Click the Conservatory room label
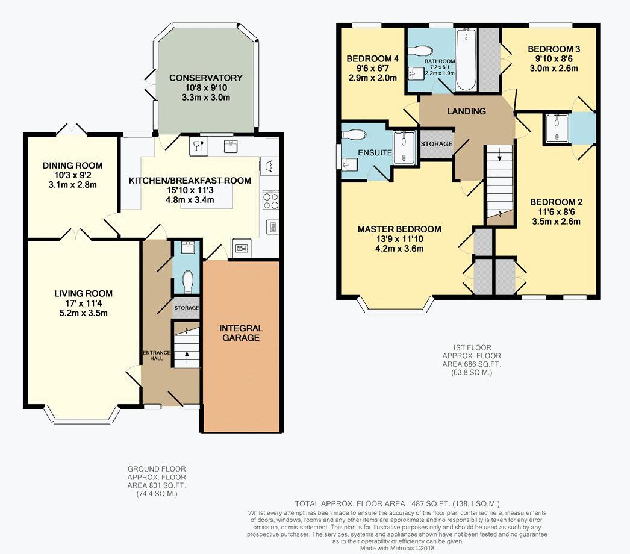pos(206,78)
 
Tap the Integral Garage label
pos(241,333)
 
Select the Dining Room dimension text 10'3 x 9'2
pos(72,175)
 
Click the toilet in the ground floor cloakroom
pos(187,282)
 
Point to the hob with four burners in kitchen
pos(270,200)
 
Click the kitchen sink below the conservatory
pos(230,146)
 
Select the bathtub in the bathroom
pos(466,60)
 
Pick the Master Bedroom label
pos(399,229)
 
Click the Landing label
pos(466,111)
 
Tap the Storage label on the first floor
pos(436,144)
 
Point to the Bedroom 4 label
pos(372,58)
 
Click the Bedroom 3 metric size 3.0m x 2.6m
pos(554,68)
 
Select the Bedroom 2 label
pos(556,202)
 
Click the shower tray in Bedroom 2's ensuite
pos(557,128)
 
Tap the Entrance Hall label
pos(157,355)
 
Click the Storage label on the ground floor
pos(187,308)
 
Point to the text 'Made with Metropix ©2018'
pos(397,548)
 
